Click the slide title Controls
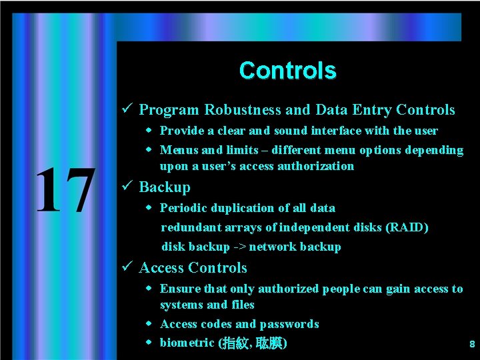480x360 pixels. (287, 70)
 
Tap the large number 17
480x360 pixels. (64, 191)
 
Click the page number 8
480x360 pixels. (472, 345)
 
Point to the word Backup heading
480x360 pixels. (165, 187)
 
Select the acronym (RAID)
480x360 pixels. (406, 227)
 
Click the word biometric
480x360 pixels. (187, 343)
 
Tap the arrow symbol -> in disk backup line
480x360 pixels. (239, 247)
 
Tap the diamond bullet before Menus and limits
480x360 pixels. (149, 149)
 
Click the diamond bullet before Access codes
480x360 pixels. (149, 323)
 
